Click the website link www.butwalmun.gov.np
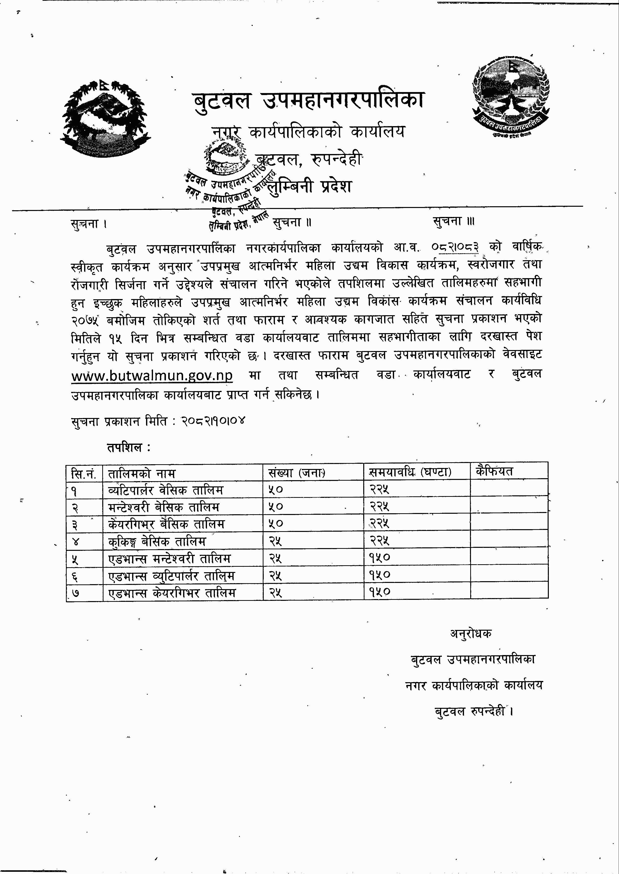[152, 375]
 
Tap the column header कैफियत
[494, 471]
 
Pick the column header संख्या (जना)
[297, 473]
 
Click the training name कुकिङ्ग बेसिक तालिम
[157, 541]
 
